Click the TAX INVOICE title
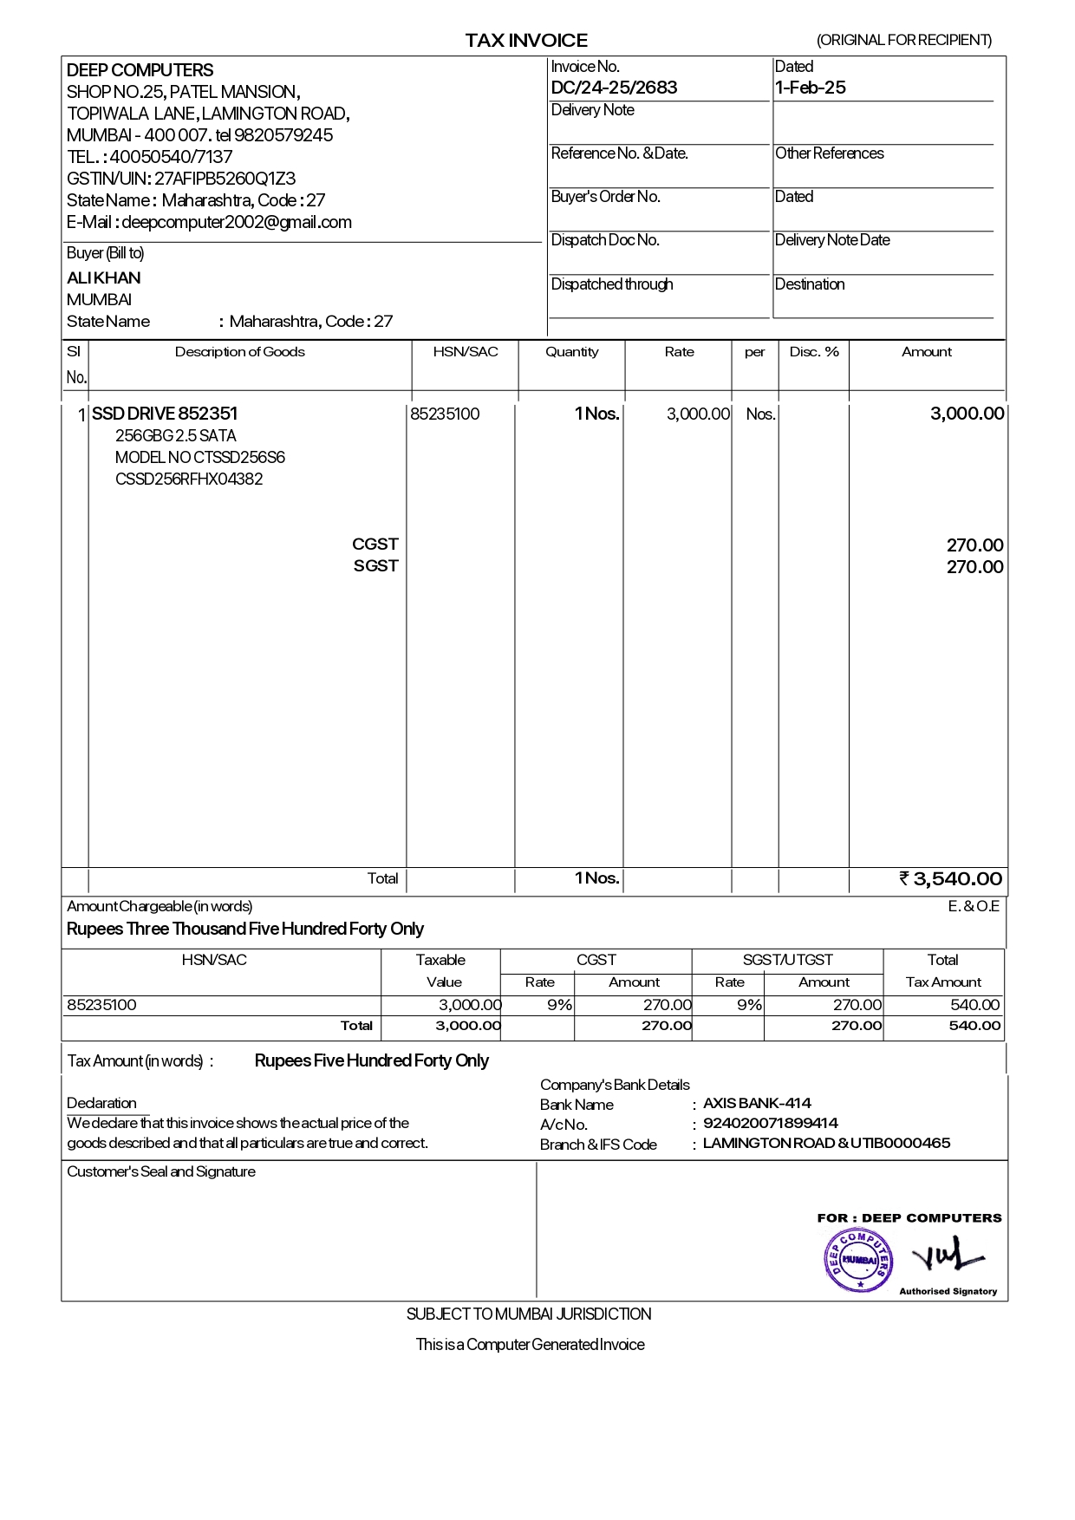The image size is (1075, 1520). click(526, 40)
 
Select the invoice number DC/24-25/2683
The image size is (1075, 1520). click(614, 88)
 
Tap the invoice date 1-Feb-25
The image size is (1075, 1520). click(810, 88)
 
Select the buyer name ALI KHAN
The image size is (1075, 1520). click(104, 278)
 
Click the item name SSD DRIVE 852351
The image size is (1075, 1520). click(165, 414)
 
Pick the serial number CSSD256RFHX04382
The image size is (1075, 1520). click(189, 479)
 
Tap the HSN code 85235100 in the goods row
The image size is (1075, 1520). click(445, 414)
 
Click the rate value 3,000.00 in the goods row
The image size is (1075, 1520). click(698, 414)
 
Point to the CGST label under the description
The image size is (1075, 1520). click(375, 544)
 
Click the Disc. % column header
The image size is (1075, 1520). click(814, 352)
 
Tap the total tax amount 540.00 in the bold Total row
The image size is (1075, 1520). click(974, 1026)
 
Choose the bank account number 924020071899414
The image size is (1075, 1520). click(770, 1124)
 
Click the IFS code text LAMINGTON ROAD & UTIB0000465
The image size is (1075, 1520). click(826, 1143)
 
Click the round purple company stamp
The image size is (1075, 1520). click(857, 1259)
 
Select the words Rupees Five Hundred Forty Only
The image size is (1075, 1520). click(371, 1060)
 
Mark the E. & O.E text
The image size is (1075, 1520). click(973, 906)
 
